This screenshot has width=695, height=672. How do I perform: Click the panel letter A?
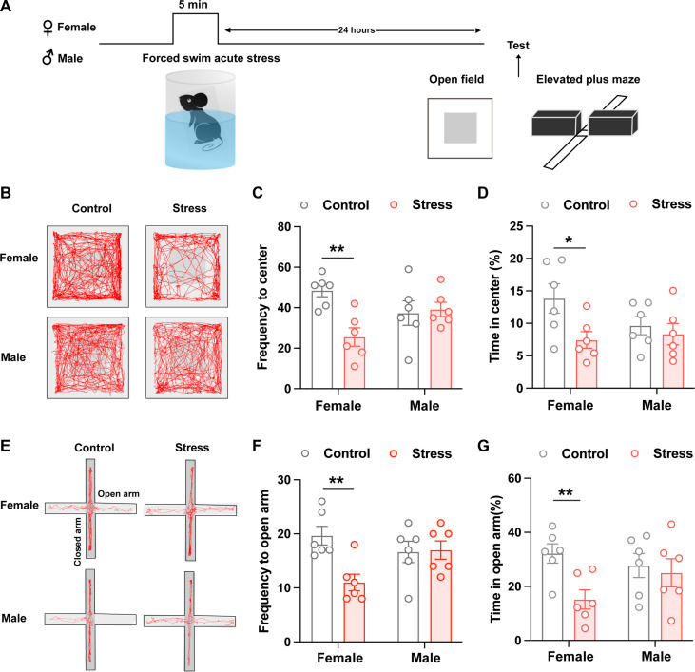point(10,9)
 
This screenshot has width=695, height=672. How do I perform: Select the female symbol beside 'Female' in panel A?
point(12,29)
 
